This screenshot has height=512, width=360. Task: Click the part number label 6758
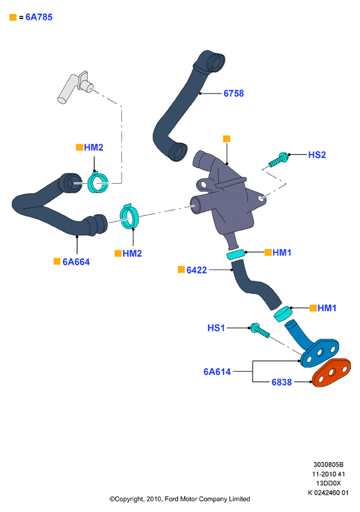(x=233, y=94)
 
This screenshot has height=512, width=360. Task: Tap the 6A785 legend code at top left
(x=39, y=17)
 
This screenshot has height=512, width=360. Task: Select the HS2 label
(x=317, y=155)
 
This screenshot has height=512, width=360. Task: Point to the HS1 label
(x=216, y=328)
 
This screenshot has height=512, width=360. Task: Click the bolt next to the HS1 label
(x=260, y=330)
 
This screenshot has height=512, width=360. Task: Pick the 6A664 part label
(x=76, y=262)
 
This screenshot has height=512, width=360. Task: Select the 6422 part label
(x=196, y=270)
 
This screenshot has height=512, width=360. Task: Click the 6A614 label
(x=217, y=372)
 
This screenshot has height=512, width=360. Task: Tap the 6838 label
(x=282, y=382)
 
